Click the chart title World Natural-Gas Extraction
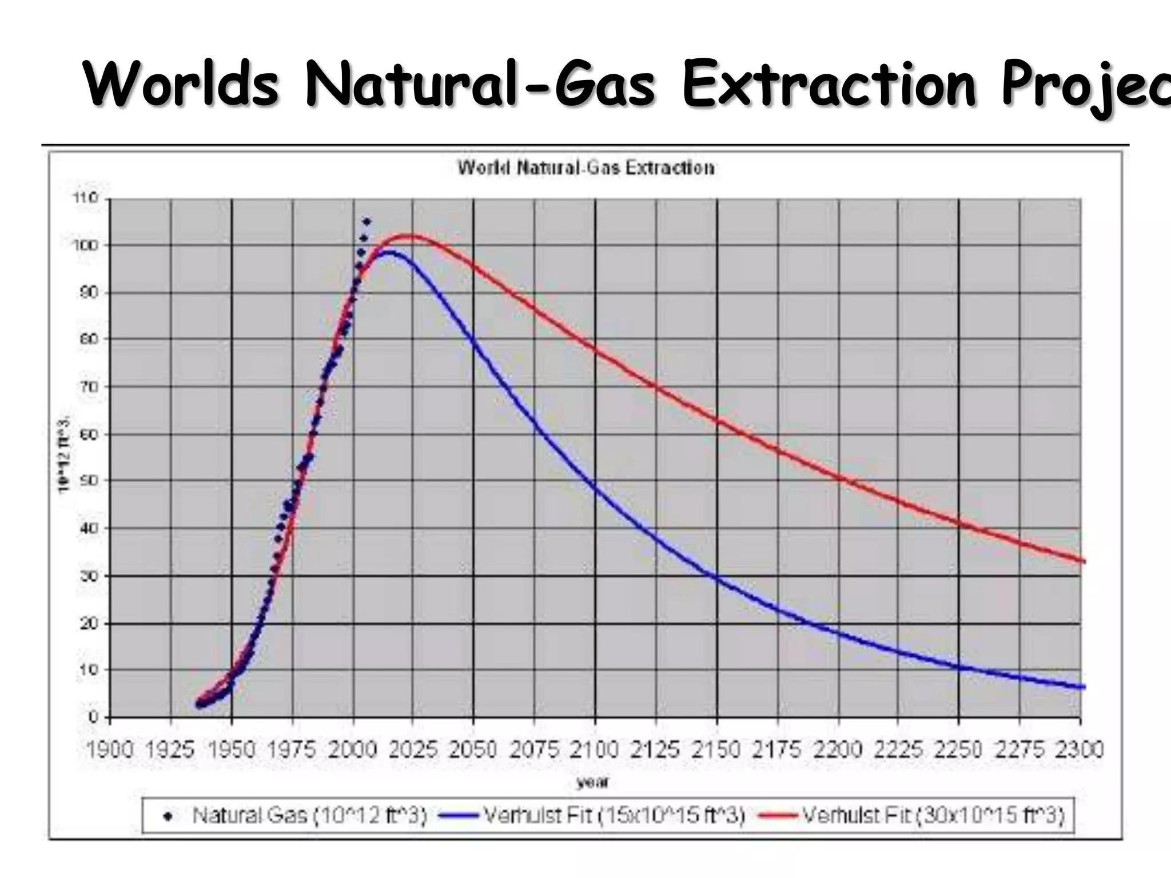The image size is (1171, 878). (x=585, y=168)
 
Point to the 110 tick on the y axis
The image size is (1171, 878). (x=85, y=198)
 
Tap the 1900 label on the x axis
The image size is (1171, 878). (x=109, y=749)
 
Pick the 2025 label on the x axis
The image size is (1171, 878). (x=413, y=749)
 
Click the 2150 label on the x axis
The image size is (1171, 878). (x=716, y=749)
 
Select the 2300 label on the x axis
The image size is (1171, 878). (x=1079, y=749)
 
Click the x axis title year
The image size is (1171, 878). (x=592, y=782)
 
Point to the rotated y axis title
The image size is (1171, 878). (x=63, y=454)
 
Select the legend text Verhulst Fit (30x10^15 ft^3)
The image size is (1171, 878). (x=933, y=815)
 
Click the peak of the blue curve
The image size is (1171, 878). (x=389, y=252)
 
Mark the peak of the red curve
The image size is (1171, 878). (x=408, y=236)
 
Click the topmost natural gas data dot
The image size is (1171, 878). (x=367, y=221)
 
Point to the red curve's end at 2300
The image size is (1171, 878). (x=1083, y=561)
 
